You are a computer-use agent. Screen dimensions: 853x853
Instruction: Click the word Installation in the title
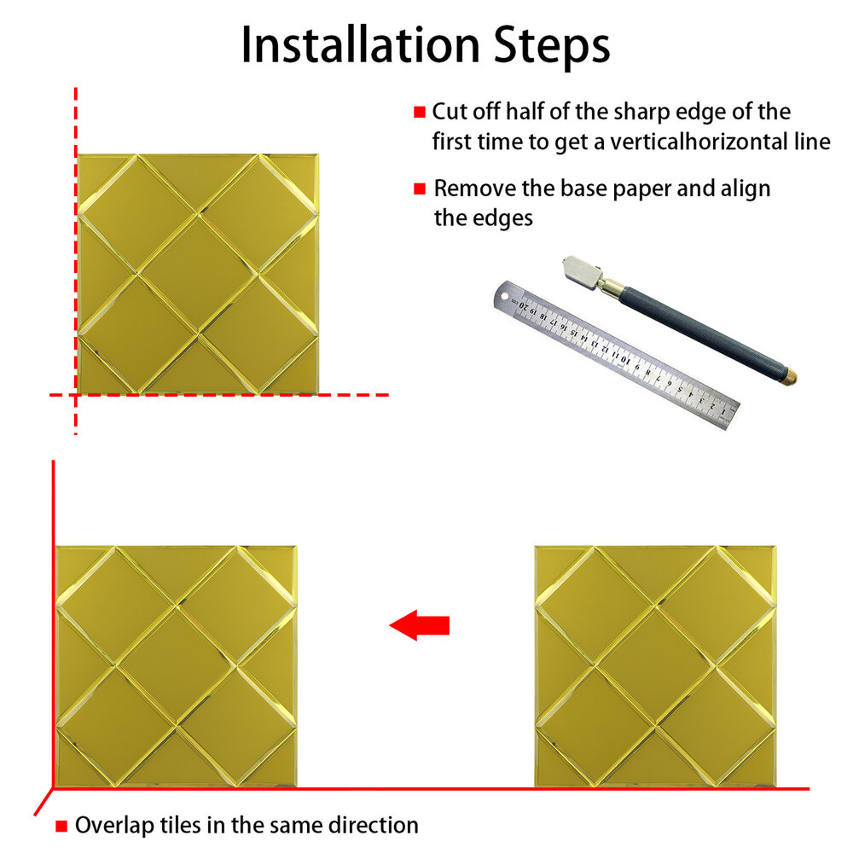[360, 44]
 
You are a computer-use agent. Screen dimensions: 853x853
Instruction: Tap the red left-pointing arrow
[420, 625]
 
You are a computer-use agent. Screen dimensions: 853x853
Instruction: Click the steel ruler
[617, 355]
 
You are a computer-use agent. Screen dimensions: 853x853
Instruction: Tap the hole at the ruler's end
[504, 298]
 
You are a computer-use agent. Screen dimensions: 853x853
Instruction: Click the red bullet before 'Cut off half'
[420, 112]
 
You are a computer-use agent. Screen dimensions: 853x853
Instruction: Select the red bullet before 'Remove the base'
[420, 189]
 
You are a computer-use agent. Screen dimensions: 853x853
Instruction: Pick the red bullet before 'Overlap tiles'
[61, 827]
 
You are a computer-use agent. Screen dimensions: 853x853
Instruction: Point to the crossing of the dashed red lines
[76, 395]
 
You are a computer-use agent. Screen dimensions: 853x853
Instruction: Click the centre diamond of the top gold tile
[198, 274]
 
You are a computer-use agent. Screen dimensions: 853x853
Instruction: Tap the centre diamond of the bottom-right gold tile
[655, 665]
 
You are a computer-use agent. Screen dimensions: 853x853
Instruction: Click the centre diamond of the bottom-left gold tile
[177, 665]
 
